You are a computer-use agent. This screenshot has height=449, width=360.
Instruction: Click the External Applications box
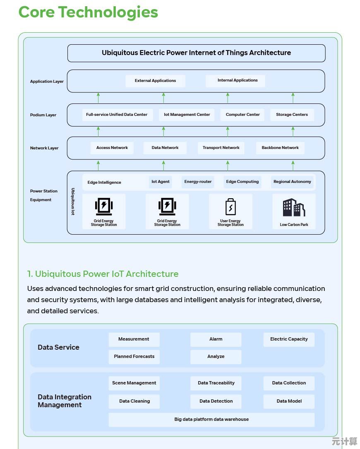coord(155,81)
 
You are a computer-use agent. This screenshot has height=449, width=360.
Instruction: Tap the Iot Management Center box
coord(187,115)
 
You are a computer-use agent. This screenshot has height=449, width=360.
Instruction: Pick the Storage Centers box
coord(292,115)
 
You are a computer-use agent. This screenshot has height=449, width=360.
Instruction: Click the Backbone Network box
coord(280,148)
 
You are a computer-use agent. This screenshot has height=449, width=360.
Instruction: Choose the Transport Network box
coord(221,148)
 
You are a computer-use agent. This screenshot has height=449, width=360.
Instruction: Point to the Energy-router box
coord(198,182)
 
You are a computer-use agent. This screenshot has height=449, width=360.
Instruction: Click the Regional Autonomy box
coord(292,182)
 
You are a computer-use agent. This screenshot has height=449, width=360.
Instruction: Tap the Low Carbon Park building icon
coord(294,208)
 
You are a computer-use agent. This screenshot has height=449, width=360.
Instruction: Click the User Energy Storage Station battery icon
coord(230,207)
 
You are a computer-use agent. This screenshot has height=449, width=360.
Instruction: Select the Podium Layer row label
coord(43,115)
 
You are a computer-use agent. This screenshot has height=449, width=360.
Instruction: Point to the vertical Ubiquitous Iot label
coord(73,202)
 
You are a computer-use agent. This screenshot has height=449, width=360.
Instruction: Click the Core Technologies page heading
coord(88,12)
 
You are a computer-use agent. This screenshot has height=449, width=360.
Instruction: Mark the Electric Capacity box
coord(289,339)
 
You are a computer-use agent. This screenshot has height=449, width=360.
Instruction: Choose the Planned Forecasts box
coord(134,357)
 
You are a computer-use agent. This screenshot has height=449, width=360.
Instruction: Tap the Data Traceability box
coord(216,383)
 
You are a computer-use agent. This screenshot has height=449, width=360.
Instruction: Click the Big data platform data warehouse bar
coord(211,420)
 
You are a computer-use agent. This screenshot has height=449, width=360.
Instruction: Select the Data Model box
coord(289,401)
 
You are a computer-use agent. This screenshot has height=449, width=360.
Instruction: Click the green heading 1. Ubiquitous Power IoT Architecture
coord(103,274)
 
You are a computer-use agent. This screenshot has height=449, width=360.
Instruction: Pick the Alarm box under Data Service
coord(216,339)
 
